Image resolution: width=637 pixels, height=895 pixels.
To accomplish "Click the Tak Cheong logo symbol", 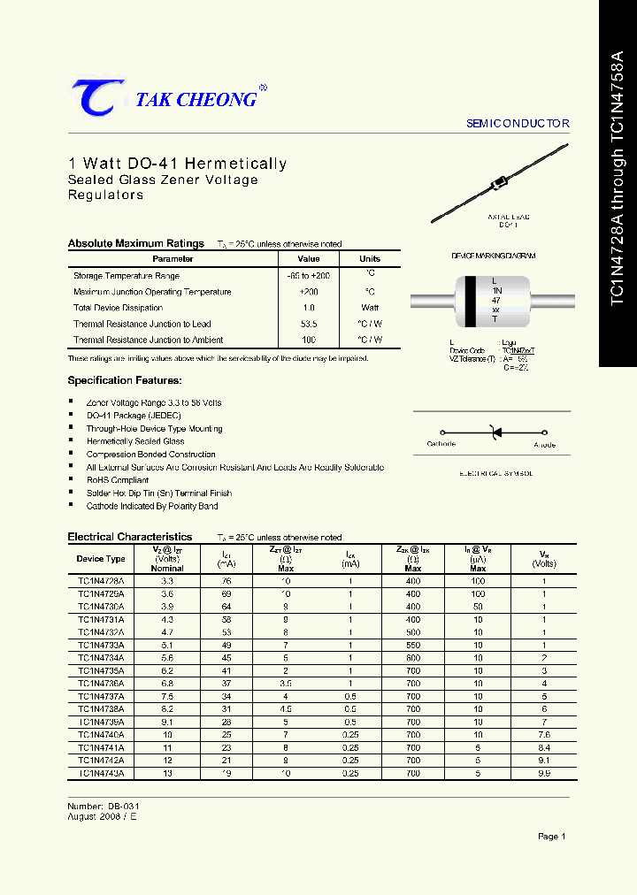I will tap(92, 97).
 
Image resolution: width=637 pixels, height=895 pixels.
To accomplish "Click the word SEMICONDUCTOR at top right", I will tap(518, 124).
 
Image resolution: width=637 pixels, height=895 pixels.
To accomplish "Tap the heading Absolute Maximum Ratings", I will tap(136, 243).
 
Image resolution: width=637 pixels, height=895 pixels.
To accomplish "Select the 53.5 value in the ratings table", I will tap(309, 324).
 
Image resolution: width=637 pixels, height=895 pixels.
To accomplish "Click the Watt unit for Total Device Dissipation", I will tap(370, 308).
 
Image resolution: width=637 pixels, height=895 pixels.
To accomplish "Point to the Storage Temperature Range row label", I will tap(126, 276).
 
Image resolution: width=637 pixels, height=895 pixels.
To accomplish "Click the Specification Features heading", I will tap(125, 380).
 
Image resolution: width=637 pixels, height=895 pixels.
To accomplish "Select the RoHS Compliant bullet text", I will tap(118, 480).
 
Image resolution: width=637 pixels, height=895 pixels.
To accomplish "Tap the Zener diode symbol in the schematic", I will tap(496, 432).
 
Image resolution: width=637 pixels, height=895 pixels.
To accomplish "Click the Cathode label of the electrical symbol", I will tap(441, 444).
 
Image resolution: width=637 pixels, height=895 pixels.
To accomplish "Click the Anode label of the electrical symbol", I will tap(545, 444).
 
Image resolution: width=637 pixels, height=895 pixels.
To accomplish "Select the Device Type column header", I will tap(101, 559).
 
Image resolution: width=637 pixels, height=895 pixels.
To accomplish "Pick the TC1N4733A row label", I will tap(101, 646).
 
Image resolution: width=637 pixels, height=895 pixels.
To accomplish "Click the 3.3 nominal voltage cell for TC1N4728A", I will tap(167, 581).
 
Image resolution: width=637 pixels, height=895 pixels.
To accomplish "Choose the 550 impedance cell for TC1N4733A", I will tap(413, 646).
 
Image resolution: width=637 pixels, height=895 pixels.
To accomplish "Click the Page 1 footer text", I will tap(551, 836).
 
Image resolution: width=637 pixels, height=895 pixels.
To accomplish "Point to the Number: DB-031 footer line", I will tap(104, 807).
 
